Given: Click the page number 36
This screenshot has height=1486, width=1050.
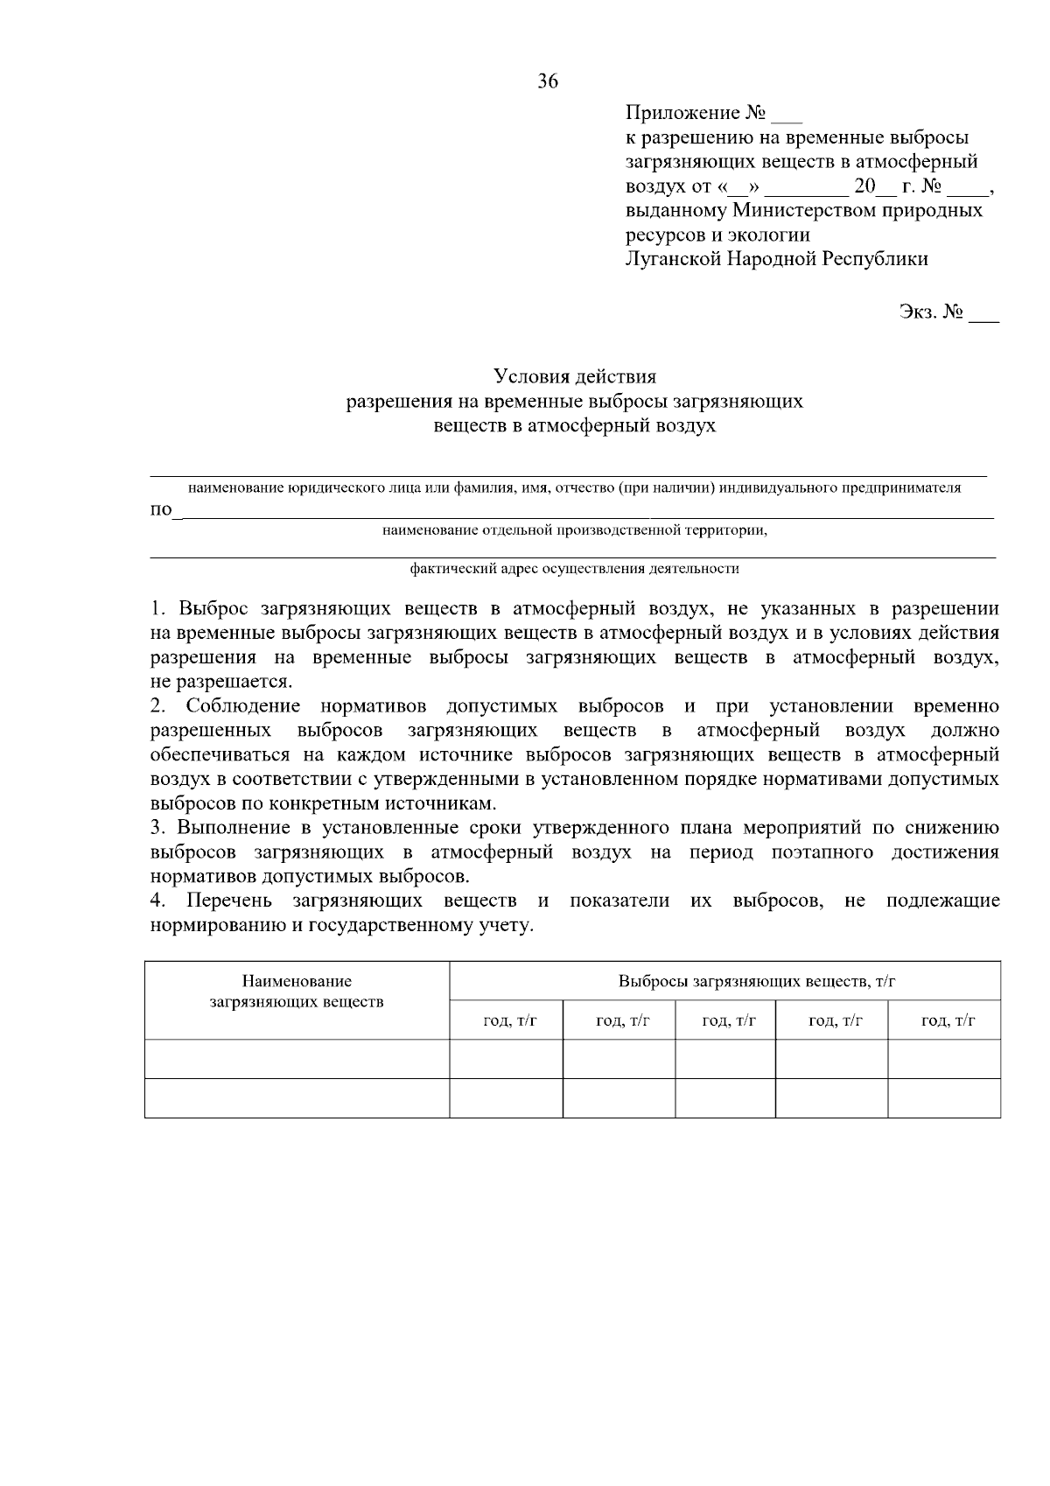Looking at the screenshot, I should pyautogui.click(x=548, y=82).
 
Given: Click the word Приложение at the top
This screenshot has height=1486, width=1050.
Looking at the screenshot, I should pyautogui.click(x=682, y=114).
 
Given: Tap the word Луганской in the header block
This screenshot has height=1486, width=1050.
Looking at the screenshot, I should pyautogui.click(x=672, y=259).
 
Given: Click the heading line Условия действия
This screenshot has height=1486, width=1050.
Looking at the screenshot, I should pyautogui.click(x=575, y=377).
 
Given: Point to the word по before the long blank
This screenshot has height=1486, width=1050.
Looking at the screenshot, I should pyautogui.click(x=161, y=510).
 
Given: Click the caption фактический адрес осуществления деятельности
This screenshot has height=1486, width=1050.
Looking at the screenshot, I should pyautogui.click(x=575, y=569).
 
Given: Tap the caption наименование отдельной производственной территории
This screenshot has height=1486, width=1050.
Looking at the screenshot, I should pyautogui.click(x=575, y=529).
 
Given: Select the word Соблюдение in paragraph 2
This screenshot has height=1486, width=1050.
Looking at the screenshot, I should pyautogui.click(x=242, y=706).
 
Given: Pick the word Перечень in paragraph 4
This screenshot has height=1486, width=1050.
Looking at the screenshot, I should pyautogui.click(x=228, y=901).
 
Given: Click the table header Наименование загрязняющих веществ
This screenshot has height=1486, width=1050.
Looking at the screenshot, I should pyautogui.click(x=297, y=992).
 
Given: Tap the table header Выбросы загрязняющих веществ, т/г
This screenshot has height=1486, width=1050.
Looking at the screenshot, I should pyautogui.click(x=756, y=982).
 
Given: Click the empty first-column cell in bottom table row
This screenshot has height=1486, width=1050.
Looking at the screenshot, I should pyautogui.click(x=297, y=1098).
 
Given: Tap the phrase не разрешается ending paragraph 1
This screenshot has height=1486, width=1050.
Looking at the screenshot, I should pyautogui.click(x=220, y=682).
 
